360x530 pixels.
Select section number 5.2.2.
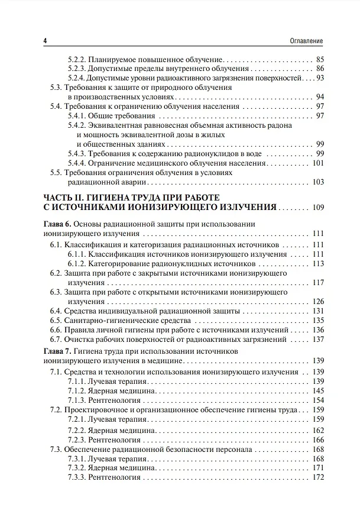click(77, 59)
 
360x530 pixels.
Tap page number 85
click(320, 59)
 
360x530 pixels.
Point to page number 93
click(320, 77)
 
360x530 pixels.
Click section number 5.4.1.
click(77, 115)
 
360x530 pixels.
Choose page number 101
click(317, 163)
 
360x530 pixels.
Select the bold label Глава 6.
click(57, 225)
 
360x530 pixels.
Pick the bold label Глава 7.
click(57, 351)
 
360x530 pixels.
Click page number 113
click(317, 263)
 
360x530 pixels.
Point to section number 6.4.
click(56, 311)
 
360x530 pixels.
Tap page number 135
click(317, 320)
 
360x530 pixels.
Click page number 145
click(317, 391)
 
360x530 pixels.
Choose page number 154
click(317, 401)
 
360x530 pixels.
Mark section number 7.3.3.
click(77, 477)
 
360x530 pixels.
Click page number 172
click(317, 477)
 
